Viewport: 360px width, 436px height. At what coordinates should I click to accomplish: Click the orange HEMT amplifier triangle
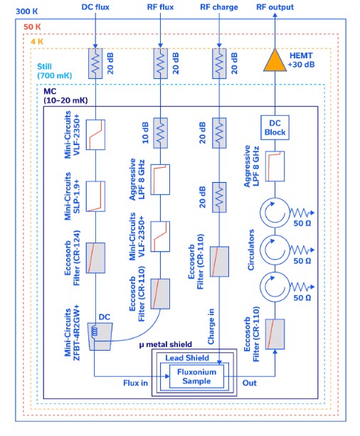[275, 62]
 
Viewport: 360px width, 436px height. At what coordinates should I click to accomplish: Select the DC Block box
[275, 127]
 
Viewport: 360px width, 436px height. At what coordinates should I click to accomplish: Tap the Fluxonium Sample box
[196, 376]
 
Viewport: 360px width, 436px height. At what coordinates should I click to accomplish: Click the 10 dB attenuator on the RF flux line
[161, 133]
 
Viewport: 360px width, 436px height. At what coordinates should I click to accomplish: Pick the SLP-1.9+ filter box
[95, 196]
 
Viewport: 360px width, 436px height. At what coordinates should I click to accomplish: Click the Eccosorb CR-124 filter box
[95, 257]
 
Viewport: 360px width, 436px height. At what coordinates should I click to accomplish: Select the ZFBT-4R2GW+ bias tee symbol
[100, 336]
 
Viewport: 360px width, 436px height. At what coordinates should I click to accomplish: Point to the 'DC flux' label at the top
[95, 7]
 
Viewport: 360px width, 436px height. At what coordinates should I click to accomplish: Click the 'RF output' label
[275, 7]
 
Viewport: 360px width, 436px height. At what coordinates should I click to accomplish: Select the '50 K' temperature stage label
[32, 27]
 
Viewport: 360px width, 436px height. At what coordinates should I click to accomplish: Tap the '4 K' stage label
[37, 42]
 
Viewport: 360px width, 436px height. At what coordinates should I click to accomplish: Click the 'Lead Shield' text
[187, 358]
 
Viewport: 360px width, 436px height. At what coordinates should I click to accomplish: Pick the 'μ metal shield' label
[166, 344]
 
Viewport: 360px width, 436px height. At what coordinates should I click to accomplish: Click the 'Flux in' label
[135, 383]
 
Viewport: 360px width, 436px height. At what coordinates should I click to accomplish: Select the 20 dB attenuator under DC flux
[95, 63]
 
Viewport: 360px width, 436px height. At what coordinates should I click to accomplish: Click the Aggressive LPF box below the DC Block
[275, 166]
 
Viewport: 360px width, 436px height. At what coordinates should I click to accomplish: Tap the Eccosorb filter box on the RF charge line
[219, 261]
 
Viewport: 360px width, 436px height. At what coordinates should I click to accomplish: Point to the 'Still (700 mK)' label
[55, 71]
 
